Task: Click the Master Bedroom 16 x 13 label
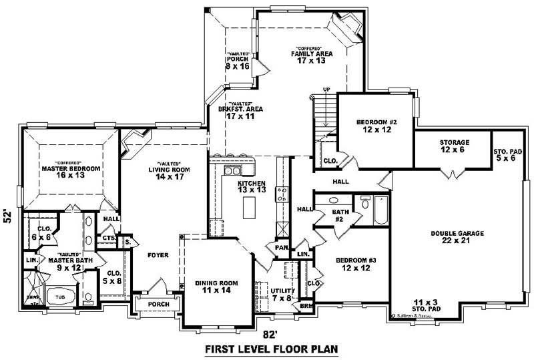coord(61,169)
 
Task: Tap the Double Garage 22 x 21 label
coord(457,237)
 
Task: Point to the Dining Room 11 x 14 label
coord(213,287)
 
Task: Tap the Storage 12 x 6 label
coord(454,146)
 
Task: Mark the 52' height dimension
coord(9,216)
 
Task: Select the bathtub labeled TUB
coord(59,297)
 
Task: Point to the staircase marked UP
coord(326,110)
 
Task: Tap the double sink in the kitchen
coord(232,172)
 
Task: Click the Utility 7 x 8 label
coord(282,294)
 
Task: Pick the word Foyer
coord(158,255)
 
